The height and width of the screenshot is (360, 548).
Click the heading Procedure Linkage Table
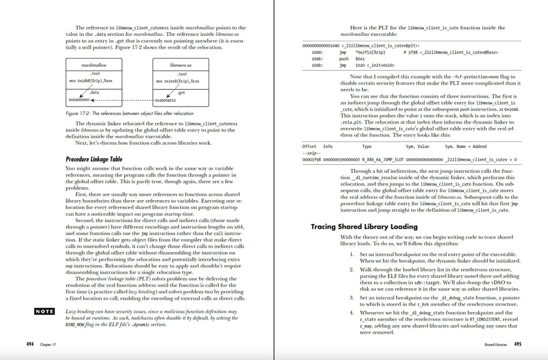click(x=94, y=159)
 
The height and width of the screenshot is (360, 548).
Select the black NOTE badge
click(x=44, y=311)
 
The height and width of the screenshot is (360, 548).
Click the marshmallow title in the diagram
click(x=94, y=64)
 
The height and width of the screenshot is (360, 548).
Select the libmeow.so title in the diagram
click(x=181, y=64)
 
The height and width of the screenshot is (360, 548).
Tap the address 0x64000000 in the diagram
click(x=79, y=99)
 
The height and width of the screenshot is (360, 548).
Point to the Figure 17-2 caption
click(x=129, y=113)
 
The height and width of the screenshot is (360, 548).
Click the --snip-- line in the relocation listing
click(x=310, y=152)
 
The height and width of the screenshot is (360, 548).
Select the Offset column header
click(x=309, y=146)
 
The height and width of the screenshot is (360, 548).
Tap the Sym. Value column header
click(x=417, y=146)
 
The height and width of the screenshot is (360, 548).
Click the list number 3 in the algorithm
click(x=352, y=297)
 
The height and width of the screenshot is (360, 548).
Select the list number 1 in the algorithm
click(x=352, y=255)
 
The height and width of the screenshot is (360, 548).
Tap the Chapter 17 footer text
click(x=47, y=345)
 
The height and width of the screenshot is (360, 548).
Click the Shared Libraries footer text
click(x=496, y=345)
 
